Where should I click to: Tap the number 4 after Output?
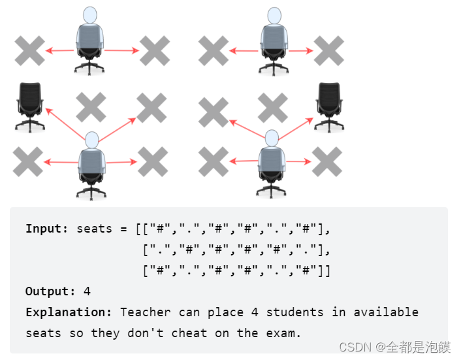(87, 291)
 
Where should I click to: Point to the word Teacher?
(146, 312)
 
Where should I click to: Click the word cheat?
(189, 333)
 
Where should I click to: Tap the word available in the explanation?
(386, 312)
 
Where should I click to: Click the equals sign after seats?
(123, 229)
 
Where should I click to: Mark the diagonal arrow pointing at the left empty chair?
(65, 122)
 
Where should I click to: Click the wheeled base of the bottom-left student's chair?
(91, 191)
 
